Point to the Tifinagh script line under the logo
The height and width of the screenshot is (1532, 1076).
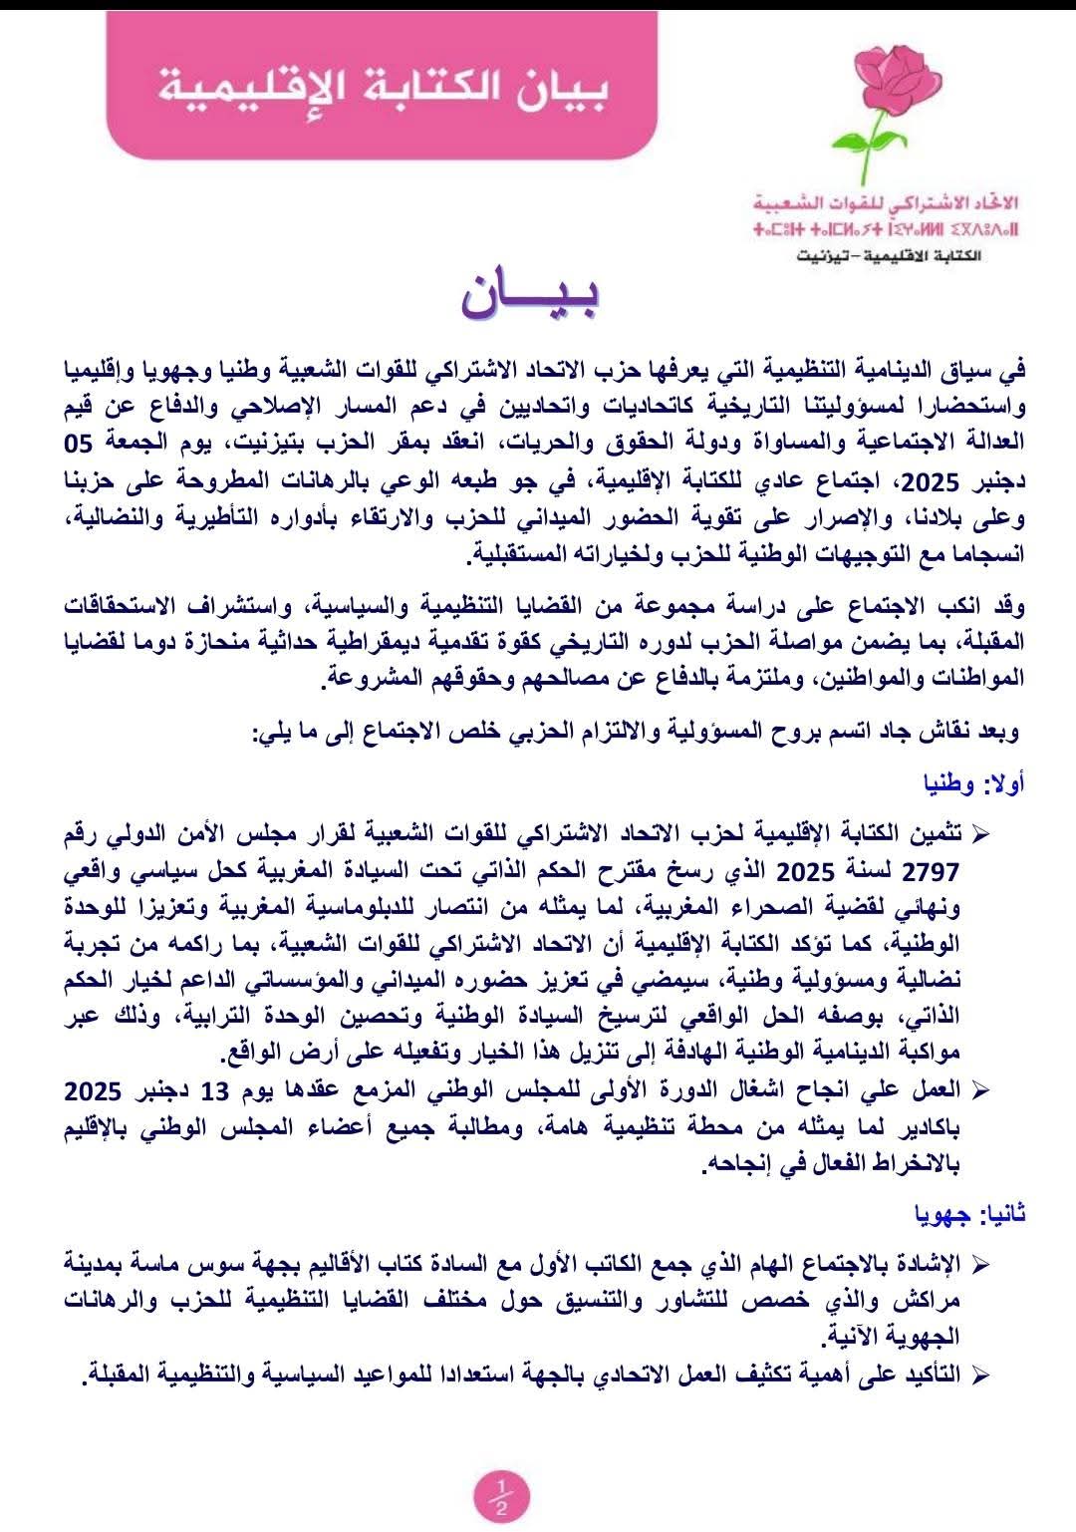click(x=887, y=230)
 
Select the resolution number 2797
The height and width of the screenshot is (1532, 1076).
click(x=932, y=873)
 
